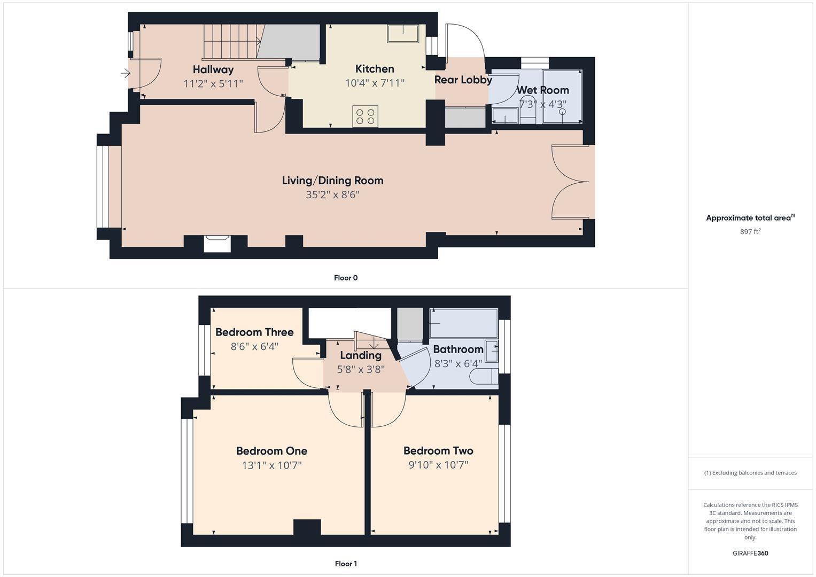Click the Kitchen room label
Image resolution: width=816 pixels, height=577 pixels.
pos(375,69)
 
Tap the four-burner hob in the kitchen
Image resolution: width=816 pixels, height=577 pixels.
pos(366,116)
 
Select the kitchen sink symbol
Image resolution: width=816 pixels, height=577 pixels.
pos(403,33)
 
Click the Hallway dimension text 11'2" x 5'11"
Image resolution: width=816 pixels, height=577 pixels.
pos(213,83)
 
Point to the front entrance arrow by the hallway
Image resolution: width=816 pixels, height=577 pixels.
pos(126,73)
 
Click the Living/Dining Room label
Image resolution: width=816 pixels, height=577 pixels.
pos(332,181)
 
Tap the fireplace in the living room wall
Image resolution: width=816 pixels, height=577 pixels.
pos(217,244)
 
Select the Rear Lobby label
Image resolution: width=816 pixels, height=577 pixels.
pos(463,80)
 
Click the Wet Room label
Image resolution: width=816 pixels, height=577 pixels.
pos(542,90)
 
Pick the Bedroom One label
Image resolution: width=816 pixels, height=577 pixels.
pos(271,451)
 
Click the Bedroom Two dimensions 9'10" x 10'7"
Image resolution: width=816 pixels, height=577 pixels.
pos(438,465)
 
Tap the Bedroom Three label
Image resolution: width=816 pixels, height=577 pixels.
pos(254,332)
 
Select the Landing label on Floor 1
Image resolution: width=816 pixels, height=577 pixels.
pos(361,355)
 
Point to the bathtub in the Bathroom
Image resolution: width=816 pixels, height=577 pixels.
pos(463,323)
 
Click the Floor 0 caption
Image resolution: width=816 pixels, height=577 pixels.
pos(346,278)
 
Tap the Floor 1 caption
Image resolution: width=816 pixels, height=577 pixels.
pos(346,564)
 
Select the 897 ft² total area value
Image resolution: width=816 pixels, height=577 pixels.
pos(750,231)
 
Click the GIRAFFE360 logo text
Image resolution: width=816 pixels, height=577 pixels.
pos(750,553)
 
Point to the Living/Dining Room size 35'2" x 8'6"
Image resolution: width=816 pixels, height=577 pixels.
pos(332,195)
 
